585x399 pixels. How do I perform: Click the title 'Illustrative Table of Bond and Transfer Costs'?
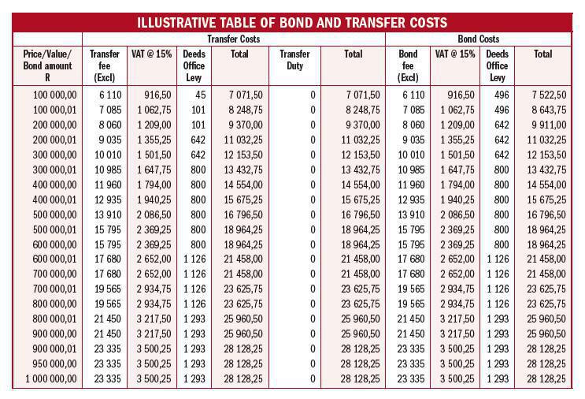(292, 21)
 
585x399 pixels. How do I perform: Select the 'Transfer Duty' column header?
(294, 60)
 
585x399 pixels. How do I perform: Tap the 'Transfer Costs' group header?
(234, 38)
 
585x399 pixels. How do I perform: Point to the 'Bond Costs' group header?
(479, 38)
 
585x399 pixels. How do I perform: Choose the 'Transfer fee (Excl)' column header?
(105, 65)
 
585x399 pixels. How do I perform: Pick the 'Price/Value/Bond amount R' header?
(47, 65)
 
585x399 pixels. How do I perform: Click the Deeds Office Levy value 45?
(199, 95)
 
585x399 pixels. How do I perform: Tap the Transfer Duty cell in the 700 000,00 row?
(313, 274)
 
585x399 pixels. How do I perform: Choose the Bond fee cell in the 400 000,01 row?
(411, 199)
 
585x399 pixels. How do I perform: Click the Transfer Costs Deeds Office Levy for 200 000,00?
(198, 125)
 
